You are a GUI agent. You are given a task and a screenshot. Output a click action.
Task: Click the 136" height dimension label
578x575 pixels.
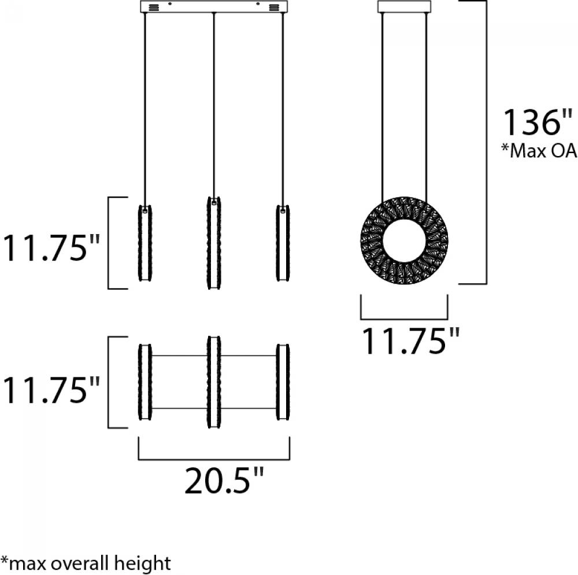[x=538, y=123]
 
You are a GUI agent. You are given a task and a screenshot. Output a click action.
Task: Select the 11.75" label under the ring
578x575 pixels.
[x=412, y=340]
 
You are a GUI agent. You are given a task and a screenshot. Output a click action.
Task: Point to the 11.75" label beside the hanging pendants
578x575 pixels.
[x=51, y=248]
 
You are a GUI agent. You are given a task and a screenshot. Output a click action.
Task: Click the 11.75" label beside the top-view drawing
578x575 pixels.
[x=51, y=390]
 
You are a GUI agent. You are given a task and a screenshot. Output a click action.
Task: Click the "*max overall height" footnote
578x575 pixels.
[x=86, y=563]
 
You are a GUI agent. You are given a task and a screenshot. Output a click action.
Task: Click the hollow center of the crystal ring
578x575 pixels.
[x=405, y=240]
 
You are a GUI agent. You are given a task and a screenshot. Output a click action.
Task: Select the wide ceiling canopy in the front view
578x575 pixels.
[x=214, y=6]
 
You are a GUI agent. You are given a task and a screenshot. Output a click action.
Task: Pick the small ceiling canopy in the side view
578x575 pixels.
[x=405, y=6]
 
